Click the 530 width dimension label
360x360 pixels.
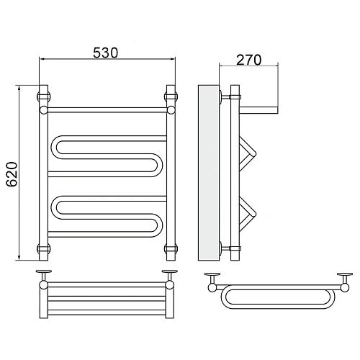[x=106, y=53]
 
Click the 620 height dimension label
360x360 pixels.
[x=12, y=174]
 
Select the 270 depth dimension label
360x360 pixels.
[x=249, y=60]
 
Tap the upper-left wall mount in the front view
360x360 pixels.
[x=44, y=96]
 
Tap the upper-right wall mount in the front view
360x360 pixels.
[x=171, y=96]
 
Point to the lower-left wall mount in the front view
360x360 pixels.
[x=44, y=248]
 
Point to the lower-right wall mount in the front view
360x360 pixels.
[x=171, y=248]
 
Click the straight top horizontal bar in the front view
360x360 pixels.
[x=107, y=110]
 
